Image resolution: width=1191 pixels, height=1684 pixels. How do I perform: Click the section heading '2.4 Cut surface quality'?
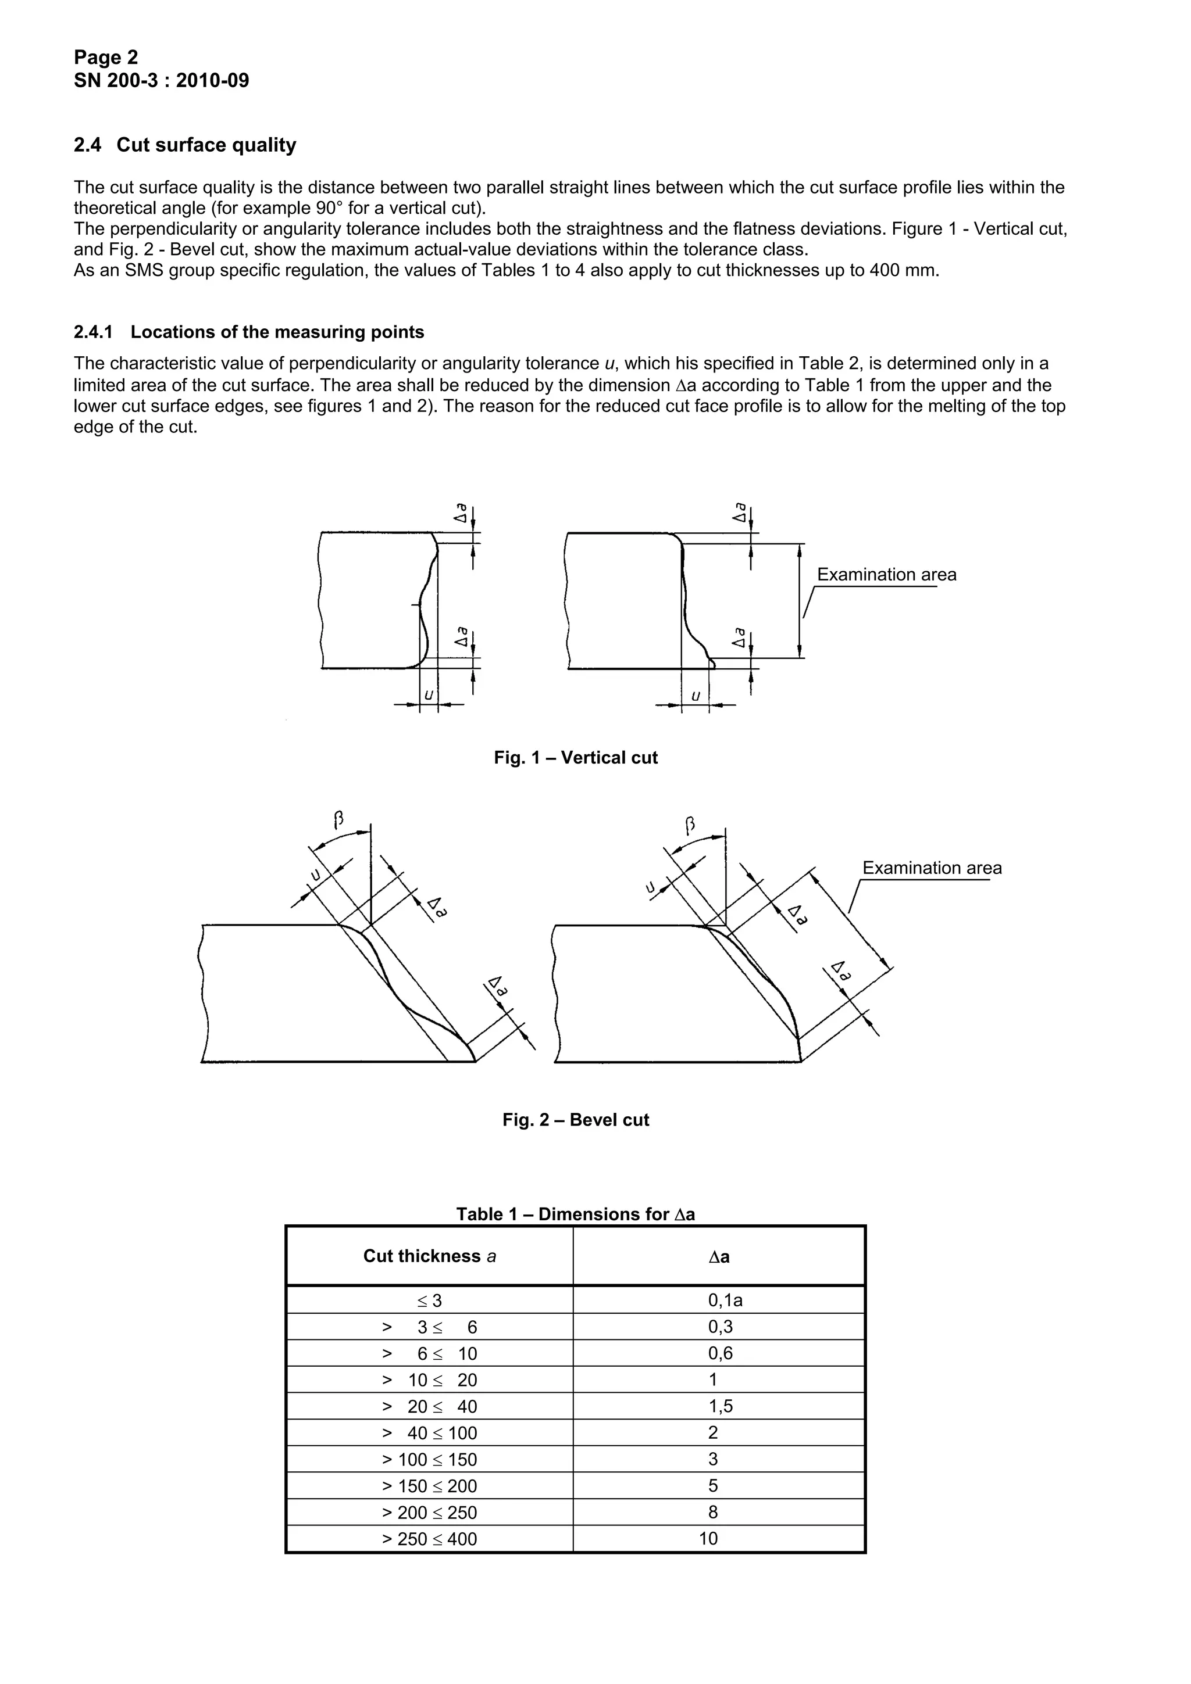[x=185, y=145]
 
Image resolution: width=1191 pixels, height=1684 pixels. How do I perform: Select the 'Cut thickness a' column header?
[x=429, y=1256]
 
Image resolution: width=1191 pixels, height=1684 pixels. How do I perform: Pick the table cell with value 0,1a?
[x=725, y=1300]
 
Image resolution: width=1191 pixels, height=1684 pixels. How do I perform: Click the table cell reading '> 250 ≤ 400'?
[x=429, y=1539]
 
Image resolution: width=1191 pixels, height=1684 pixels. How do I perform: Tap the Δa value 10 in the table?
[x=708, y=1538]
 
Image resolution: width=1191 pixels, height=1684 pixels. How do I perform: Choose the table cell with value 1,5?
[x=720, y=1406]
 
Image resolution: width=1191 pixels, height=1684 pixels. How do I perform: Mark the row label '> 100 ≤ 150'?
[x=429, y=1460]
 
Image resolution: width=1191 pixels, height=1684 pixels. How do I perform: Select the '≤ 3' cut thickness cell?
[x=429, y=1301]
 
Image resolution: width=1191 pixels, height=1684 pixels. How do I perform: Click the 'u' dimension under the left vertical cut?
[x=429, y=694]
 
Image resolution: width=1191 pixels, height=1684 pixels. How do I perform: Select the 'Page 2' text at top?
[x=106, y=57]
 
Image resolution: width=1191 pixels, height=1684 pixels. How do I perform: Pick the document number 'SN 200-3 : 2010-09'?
[x=162, y=81]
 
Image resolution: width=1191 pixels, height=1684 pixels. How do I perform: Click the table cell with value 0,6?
[x=720, y=1353]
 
